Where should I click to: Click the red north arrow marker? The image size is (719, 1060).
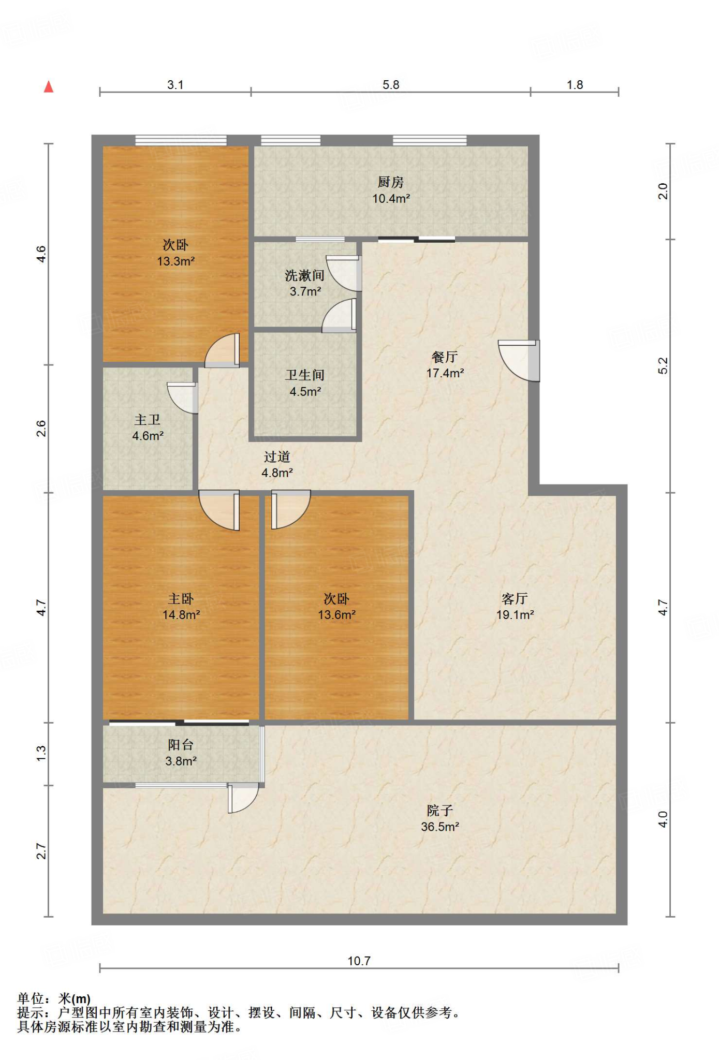49,86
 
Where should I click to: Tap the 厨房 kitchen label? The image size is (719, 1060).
391,182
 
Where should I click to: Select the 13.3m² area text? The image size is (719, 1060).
176,261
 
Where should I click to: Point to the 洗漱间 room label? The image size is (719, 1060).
305,275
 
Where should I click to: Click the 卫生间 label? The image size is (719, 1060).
305,375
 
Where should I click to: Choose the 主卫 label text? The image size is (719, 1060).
148,419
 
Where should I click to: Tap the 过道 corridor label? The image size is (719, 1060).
277,457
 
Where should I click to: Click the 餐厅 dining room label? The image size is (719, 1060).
445,357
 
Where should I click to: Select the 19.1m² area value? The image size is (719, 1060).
515,614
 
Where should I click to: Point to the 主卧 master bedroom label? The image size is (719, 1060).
181,598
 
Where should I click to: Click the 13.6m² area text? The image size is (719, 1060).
336,614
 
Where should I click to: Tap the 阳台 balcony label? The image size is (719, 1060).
181,744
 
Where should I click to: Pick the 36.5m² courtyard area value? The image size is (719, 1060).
440,827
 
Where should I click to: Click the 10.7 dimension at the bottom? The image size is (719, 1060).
359,961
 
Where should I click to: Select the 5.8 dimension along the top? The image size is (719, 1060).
391,85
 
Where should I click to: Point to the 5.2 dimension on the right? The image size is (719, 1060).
663,365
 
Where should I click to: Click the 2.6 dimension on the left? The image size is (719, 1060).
41,429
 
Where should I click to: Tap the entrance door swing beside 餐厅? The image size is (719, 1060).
519,361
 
